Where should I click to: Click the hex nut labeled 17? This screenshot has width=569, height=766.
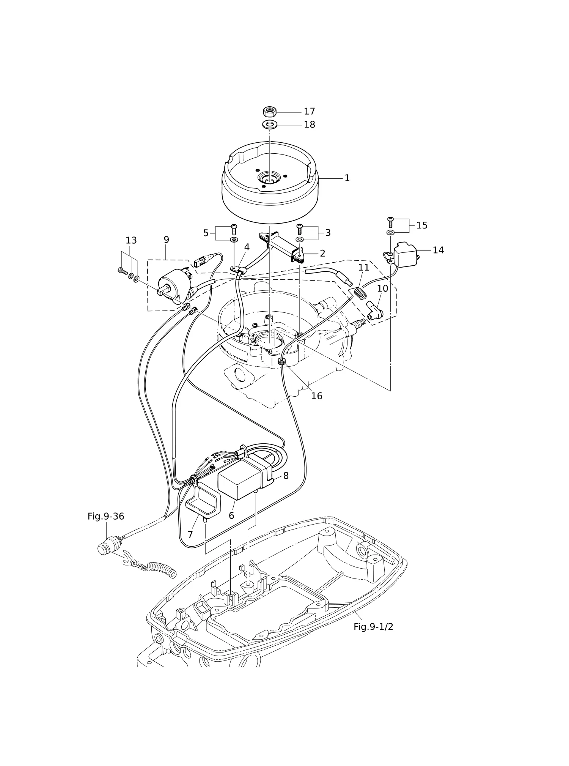tap(269, 112)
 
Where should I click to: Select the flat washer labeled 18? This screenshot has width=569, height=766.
tap(269, 124)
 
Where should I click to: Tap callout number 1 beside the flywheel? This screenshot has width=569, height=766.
tap(347, 178)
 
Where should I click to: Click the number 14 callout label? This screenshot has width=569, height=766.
tap(438, 250)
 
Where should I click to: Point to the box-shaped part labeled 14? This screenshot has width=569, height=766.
tap(405, 255)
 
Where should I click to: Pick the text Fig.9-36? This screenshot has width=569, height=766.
tap(106, 516)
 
